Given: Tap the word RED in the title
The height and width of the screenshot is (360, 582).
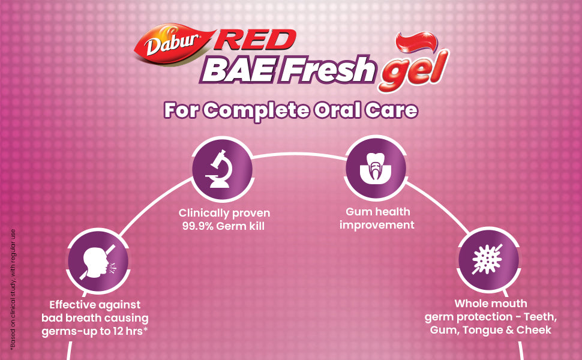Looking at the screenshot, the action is pyautogui.click(x=256, y=40).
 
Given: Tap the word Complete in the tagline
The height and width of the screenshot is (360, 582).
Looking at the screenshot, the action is pyautogui.click(x=256, y=110).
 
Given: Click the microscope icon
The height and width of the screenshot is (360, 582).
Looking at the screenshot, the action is pyautogui.click(x=222, y=169).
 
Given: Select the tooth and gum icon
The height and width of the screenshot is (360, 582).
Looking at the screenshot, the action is pyautogui.click(x=376, y=168).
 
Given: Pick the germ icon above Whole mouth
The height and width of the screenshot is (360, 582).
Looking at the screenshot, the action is pyautogui.click(x=487, y=259).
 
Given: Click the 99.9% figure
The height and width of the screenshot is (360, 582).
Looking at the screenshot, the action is pyautogui.click(x=197, y=226).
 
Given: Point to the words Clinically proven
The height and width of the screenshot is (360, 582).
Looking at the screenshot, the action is pyautogui.click(x=224, y=214).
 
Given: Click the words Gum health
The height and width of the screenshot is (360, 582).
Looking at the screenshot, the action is pyautogui.click(x=378, y=212).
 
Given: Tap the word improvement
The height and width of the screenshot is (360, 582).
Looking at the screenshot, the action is pyautogui.click(x=377, y=225).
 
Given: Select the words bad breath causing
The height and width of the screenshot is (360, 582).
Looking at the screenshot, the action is pyautogui.click(x=95, y=318).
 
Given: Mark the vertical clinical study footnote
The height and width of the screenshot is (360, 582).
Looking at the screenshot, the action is pyautogui.click(x=13, y=289).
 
